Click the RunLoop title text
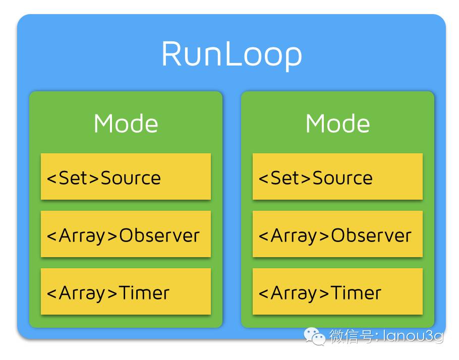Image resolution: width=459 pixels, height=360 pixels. [x=232, y=54]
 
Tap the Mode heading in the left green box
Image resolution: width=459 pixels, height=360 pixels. [x=126, y=124]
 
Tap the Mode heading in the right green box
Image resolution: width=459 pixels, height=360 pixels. [x=337, y=124]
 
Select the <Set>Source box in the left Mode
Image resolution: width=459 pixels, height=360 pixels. [x=126, y=176]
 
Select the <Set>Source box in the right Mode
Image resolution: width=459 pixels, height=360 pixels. [x=337, y=176]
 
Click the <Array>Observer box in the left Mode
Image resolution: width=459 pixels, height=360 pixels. [x=126, y=234]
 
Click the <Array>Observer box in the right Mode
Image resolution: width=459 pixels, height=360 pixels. [x=337, y=234]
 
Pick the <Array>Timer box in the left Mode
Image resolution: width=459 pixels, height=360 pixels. [x=126, y=291]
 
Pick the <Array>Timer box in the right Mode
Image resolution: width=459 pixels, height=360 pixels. [x=337, y=291]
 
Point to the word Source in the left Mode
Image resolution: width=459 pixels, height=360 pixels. [x=131, y=178]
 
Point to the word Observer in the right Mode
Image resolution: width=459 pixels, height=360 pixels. [x=371, y=235]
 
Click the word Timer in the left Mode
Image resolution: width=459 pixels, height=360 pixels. [x=144, y=292]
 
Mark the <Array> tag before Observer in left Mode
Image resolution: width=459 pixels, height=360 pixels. [x=82, y=235]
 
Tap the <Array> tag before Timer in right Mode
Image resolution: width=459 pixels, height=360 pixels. [x=294, y=292]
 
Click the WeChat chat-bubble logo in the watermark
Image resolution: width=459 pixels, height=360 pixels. [x=314, y=335]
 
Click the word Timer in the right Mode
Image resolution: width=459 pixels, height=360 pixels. [x=356, y=292]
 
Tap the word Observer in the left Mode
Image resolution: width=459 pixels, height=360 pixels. [x=159, y=235]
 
